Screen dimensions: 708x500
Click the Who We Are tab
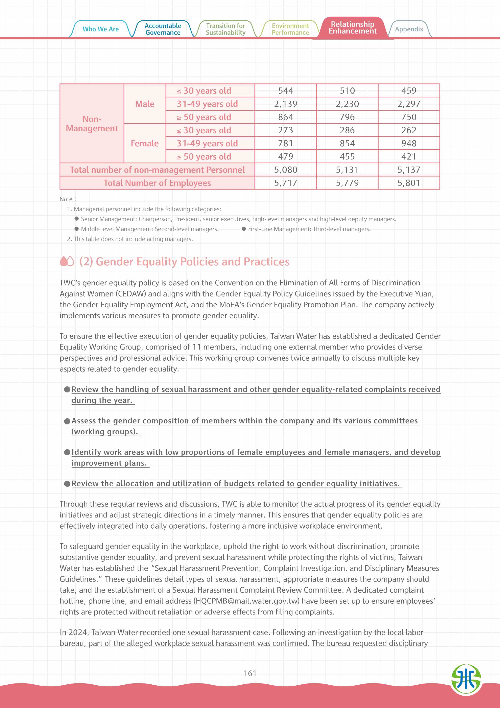click(100, 29)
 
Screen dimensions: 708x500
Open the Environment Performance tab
click(290, 29)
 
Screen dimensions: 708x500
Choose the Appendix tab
click(409, 29)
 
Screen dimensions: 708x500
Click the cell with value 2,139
click(286, 104)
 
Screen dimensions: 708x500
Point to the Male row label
click(145, 104)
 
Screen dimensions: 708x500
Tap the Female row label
click(145, 143)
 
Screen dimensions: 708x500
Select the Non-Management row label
click(92, 124)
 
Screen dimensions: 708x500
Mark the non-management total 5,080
click(286, 170)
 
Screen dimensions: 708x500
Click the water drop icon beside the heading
click(67, 261)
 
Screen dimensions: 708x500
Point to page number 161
click(250, 673)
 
